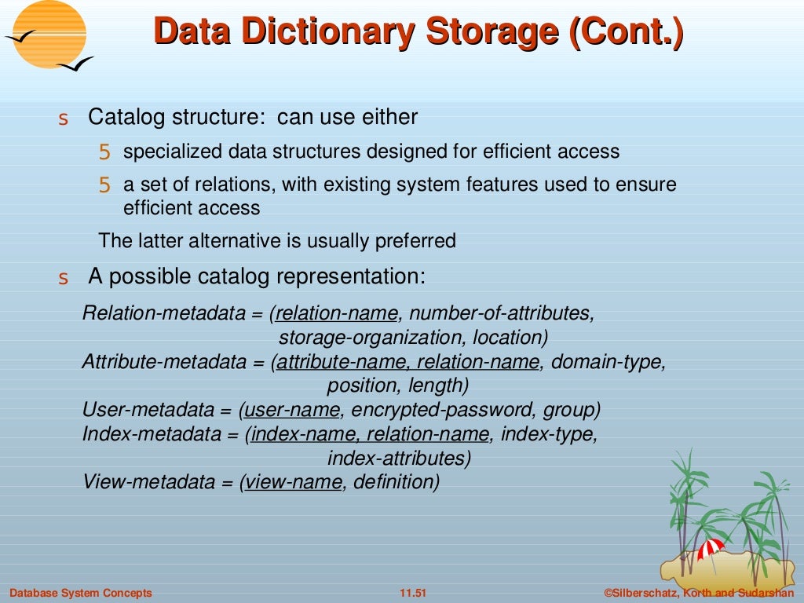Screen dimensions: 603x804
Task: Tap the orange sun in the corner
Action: [x=49, y=34]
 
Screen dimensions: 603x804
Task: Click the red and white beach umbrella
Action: [x=711, y=547]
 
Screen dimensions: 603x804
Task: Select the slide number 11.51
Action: [x=412, y=593]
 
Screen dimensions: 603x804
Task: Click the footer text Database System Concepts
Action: [x=81, y=593]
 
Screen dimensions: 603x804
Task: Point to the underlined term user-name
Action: [x=293, y=409]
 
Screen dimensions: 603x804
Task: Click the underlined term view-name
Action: [x=294, y=481]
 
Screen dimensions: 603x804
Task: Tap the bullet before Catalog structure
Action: [x=64, y=120]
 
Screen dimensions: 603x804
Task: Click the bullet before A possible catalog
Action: [x=64, y=279]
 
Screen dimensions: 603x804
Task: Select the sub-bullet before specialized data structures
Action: [x=104, y=152]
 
